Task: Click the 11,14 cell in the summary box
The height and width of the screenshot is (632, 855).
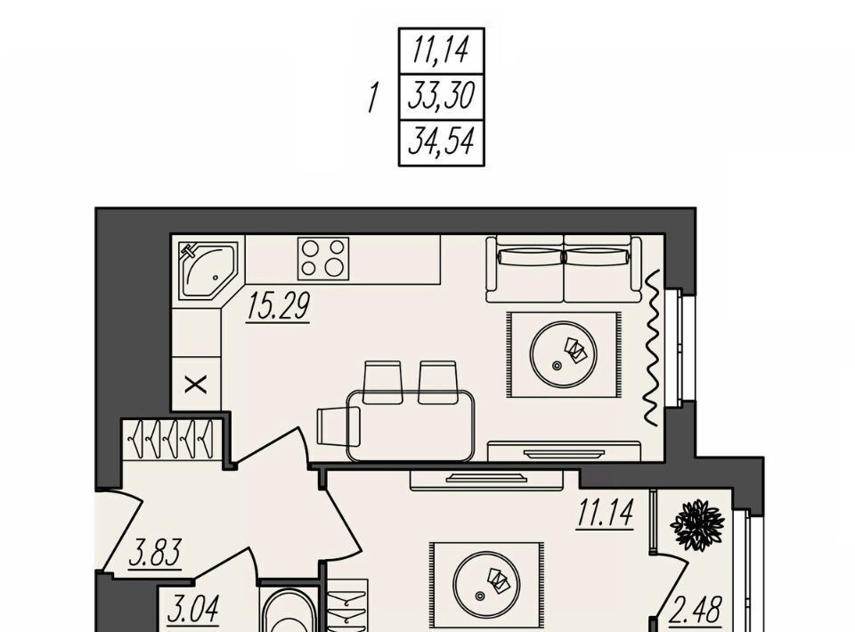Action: click(x=441, y=51)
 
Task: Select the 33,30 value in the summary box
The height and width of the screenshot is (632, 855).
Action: click(x=442, y=96)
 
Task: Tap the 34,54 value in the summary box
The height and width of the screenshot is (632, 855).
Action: click(x=441, y=142)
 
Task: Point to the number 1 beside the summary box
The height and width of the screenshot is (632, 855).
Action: click(x=373, y=98)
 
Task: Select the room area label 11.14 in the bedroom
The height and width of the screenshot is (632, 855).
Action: click(x=606, y=514)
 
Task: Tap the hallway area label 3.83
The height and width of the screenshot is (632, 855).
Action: click(x=155, y=554)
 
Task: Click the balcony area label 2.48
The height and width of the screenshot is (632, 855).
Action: click(x=696, y=611)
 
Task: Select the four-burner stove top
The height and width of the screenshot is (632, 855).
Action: click(x=323, y=258)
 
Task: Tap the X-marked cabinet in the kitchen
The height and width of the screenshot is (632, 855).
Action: click(x=196, y=385)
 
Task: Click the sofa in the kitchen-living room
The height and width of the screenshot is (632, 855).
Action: click(x=564, y=269)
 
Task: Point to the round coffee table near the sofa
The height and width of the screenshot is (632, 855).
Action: click(x=563, y=354)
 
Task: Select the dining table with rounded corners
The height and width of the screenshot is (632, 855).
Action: click(x=411, y=425)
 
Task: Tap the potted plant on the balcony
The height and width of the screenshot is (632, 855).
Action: click(x=697, y=524)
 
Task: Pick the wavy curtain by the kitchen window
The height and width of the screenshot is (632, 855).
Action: click(x=652, y=347)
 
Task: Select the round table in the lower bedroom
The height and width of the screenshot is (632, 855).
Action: click(x=486, y=584)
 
